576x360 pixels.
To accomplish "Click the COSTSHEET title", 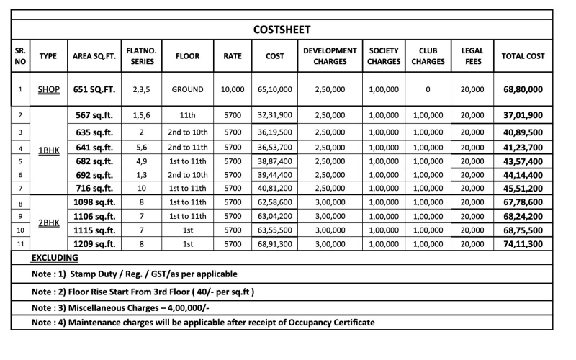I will pos(282,30).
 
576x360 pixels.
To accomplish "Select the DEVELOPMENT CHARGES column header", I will pos(330,56).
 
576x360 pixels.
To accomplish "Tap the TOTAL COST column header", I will pos(523,56).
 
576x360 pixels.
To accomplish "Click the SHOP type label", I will pos(48,90).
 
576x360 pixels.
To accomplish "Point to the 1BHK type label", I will pos(48,153).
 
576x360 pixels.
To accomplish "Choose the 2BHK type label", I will pos(48,223).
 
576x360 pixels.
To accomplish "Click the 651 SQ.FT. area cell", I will pos(94,90).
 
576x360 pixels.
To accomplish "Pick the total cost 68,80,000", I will pos(523,90).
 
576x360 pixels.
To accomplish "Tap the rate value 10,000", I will pos(232,90).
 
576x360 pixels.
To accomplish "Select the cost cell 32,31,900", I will pos(274,115).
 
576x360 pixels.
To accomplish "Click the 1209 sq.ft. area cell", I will pos(94,244).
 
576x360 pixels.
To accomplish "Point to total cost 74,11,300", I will pos(523,244).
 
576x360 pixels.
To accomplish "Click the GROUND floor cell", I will pos(188,90).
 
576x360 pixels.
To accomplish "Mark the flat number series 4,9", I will pos(142,160).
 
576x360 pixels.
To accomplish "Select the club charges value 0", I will pos(428,90).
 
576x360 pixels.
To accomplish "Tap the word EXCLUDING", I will pos(55,258).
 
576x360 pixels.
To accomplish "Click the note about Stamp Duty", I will pos(135,274).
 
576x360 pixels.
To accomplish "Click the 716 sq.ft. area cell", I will pos(94,188).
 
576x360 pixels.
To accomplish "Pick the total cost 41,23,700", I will pos(523,146).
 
